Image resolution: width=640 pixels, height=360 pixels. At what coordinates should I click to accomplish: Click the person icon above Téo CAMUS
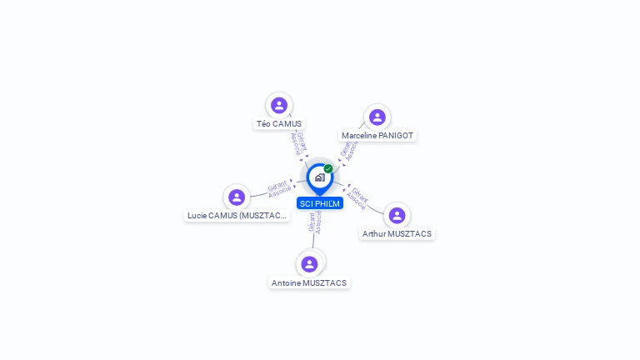(279, 105)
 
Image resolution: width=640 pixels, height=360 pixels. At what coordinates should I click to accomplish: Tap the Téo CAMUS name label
(279, 124)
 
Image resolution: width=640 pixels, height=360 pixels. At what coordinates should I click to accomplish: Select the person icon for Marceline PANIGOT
(377, 117)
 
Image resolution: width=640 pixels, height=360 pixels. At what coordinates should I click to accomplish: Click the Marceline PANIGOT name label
(377, 136)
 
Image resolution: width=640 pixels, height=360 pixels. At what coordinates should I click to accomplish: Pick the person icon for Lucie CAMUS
(237, 197)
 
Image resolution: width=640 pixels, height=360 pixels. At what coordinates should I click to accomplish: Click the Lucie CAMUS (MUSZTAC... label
(237, 216)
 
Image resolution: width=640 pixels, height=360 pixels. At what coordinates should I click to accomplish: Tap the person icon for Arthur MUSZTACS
(397, 215)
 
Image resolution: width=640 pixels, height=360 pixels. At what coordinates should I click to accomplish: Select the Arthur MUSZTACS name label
(397, 234)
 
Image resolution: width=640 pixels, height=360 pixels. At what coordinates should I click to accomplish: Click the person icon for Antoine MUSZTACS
(310, 264)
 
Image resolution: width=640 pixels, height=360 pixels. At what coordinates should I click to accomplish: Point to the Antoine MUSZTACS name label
(309, 283)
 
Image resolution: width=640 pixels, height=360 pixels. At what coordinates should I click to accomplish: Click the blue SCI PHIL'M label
(320, 203)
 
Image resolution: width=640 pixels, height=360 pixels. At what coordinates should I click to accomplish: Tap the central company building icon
(319, 177)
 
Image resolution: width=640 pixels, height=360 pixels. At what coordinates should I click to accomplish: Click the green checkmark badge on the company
(328, 169)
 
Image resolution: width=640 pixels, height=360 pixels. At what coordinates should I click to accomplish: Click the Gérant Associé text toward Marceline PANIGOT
(348, 151)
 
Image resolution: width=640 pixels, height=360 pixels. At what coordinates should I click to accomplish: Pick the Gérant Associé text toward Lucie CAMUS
(279, 188)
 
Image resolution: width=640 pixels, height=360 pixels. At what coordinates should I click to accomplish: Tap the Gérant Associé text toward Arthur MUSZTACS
(357, 198)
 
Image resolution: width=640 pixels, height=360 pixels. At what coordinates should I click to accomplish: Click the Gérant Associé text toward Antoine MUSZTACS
(314, 222)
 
